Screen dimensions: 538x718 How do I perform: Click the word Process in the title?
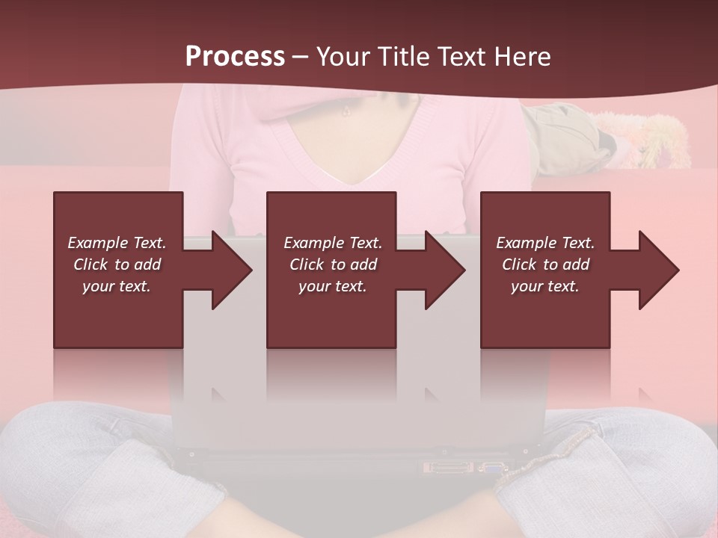tap(235, 57)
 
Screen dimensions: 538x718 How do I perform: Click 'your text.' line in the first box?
tap(117, 286)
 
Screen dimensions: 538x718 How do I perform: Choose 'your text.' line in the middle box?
tap(333, 286)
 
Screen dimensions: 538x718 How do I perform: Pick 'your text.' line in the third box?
tap(545, 286)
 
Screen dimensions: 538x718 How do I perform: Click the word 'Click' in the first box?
tap(90, 265)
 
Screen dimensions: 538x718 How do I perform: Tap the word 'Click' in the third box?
tap(519, 265)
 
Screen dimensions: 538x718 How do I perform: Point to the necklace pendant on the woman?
tap(346, 112)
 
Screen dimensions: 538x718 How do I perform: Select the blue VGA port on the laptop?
tap(493, 469)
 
